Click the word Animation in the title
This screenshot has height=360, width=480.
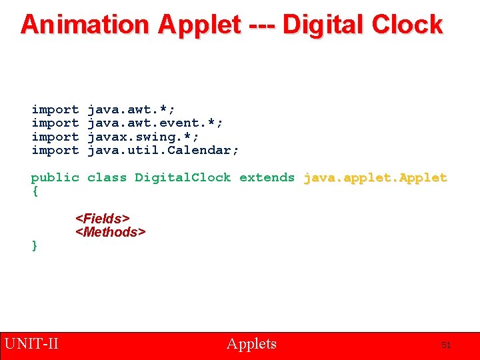[x=85, y=25]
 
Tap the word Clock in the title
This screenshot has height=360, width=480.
[x=407, y=25]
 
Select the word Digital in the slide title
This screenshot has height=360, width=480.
[x=325, y=25]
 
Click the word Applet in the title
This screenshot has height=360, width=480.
[x=199, y=25]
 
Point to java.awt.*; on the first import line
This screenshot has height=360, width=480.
[x=131, y=109]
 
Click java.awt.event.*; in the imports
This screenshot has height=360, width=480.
[x=155, y=123]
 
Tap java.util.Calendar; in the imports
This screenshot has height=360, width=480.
[x=163, y=150]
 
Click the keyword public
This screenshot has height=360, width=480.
[x=55, y=177]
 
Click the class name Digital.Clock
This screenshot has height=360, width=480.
[x=183, y=177]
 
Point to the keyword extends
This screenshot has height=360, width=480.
[x=267, y=177]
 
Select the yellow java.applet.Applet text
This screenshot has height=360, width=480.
[x=375, y=177]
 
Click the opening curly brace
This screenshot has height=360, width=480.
[x=35, y=191]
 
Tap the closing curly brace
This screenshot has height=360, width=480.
[x=35, y=245]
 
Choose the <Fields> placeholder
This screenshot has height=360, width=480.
[x=103, y=219]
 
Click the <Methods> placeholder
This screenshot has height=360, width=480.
[x=110, y=232]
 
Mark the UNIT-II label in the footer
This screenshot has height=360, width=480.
[x=31, y=344]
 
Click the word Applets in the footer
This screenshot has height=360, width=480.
[x=251, y=344]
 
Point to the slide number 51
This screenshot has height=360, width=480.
[x=446, y=345]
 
